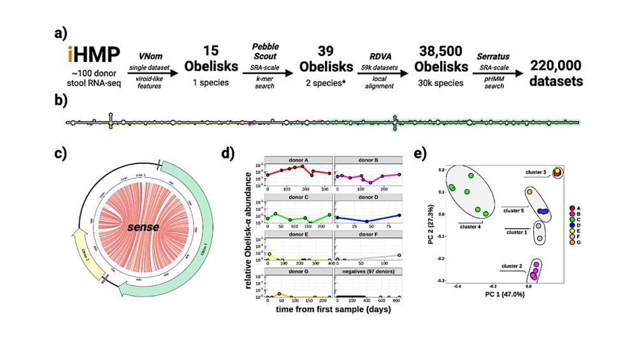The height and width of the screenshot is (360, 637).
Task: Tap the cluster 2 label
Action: [x=513, y=266]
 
